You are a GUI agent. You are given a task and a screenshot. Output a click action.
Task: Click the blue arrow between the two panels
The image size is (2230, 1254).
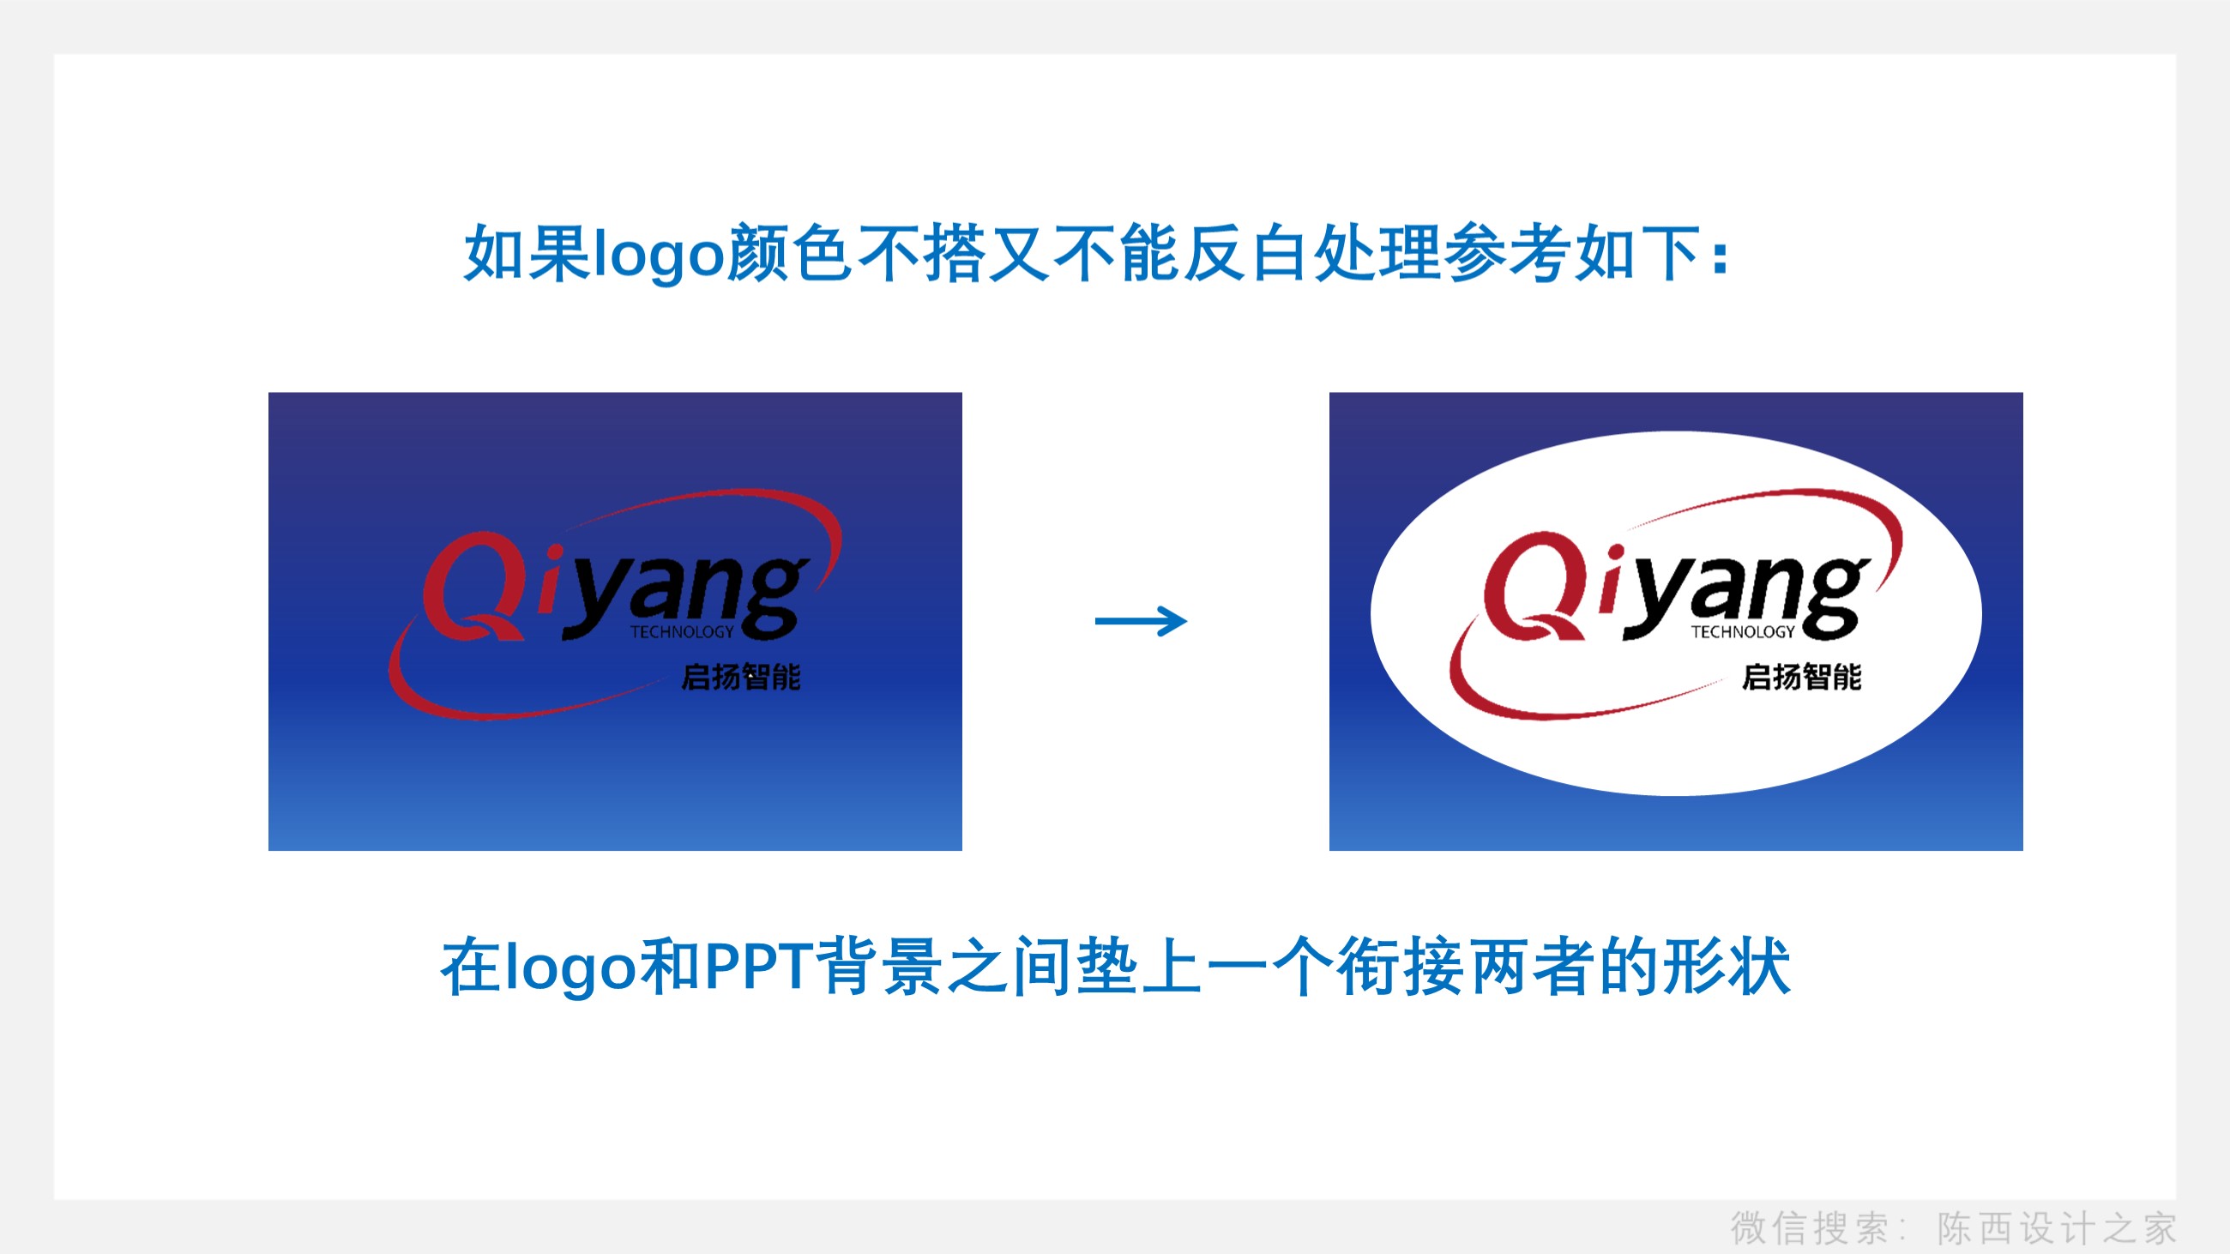point(1141,620)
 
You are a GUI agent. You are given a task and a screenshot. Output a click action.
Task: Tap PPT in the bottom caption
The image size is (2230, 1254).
point(757,966)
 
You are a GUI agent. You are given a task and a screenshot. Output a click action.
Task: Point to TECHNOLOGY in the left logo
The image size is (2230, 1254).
point(681,632)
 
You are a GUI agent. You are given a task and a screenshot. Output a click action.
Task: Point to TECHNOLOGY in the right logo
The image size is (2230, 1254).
point(1743,632)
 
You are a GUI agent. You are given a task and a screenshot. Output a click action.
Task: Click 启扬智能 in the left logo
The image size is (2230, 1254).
point(741,677)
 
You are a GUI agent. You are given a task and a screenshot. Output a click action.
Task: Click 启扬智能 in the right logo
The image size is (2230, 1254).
point(1801,677)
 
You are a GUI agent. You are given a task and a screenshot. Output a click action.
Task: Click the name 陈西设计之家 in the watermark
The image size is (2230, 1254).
point(2057,1228)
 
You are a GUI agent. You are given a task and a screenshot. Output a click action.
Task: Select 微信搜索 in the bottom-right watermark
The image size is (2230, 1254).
point(1809,1228)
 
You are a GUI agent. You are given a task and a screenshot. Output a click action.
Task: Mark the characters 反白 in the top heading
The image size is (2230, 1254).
point(1246,254)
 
